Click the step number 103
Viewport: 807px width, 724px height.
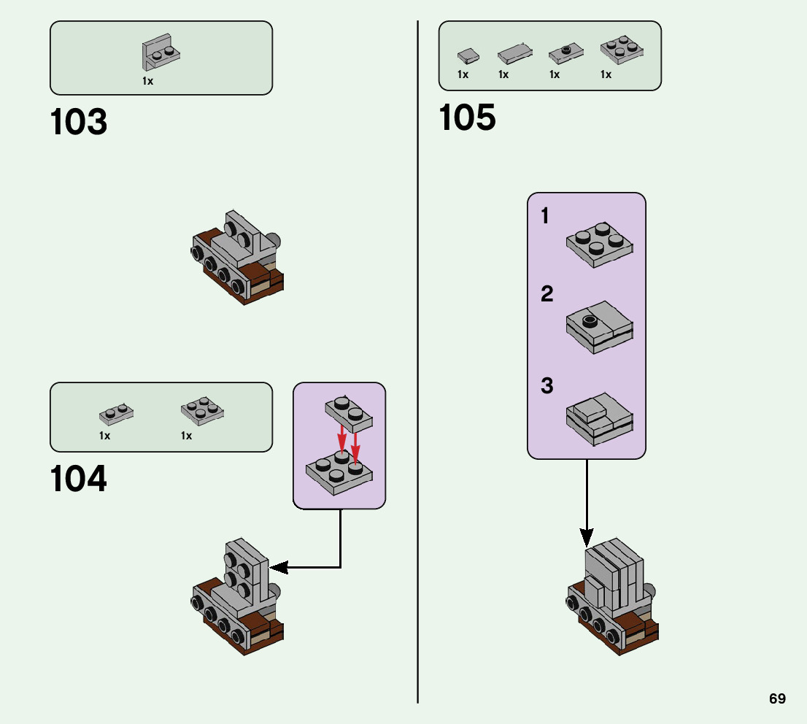point(79,123)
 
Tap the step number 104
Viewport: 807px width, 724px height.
point(79,480)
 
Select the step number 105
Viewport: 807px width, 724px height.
point(467,118)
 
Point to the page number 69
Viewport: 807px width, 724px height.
point(777,698)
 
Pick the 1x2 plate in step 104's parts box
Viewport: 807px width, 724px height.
point(116,415)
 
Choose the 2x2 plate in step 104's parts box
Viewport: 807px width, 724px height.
point(202,411)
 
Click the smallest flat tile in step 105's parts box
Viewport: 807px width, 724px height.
point(468,55)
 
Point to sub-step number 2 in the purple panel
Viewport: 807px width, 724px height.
point(547,295)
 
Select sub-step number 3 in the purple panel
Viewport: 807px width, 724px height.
point(547,386)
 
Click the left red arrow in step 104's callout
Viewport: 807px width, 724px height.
point(341,441)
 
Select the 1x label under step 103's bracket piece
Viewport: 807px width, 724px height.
point(148,81)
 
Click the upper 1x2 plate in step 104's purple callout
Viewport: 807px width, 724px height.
point(349,414)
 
